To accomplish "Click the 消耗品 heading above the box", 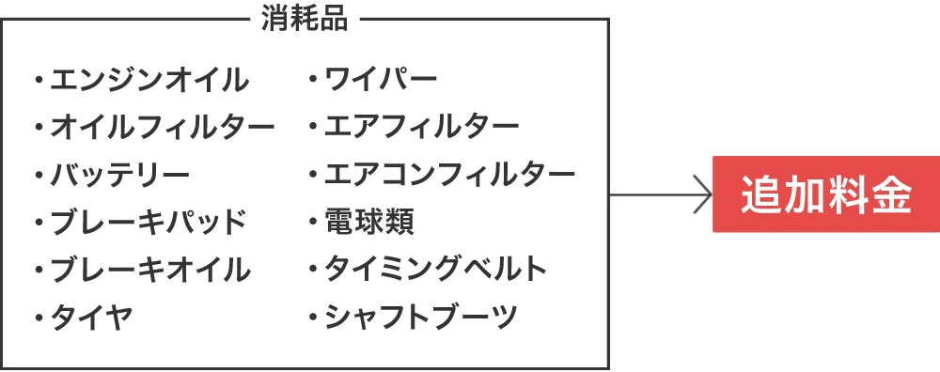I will (304, 20).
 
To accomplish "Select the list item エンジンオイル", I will (149, 80).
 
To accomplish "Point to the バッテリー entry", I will (119, 175).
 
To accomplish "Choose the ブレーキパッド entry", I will (148, 223).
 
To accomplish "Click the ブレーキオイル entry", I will (149, 271).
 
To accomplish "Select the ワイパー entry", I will (381, 80).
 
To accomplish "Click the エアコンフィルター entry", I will (449, 175).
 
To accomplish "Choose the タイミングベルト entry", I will (435, 271).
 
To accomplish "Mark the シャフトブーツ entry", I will (421, 318).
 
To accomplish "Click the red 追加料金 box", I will (825, 194).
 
